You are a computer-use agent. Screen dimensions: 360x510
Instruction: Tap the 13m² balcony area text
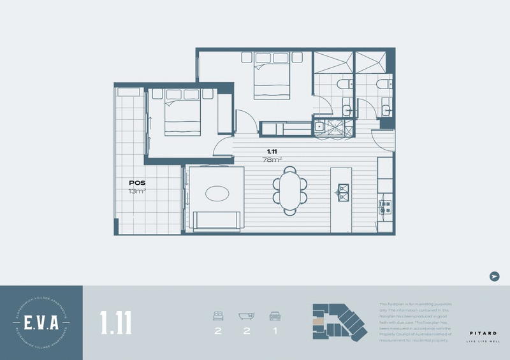point(136,191)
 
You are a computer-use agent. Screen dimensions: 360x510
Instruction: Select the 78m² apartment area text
point(272,160)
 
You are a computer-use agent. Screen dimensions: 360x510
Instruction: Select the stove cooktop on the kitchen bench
point(384,206)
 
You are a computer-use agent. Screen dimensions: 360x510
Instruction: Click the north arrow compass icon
point(493,276)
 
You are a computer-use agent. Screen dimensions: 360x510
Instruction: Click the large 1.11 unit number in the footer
point(116,322)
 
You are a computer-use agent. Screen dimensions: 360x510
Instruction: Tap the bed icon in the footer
point(218,315)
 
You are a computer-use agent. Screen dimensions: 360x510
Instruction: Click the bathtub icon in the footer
point(246,315)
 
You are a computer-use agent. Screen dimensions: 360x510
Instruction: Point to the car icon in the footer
point(275,315)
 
